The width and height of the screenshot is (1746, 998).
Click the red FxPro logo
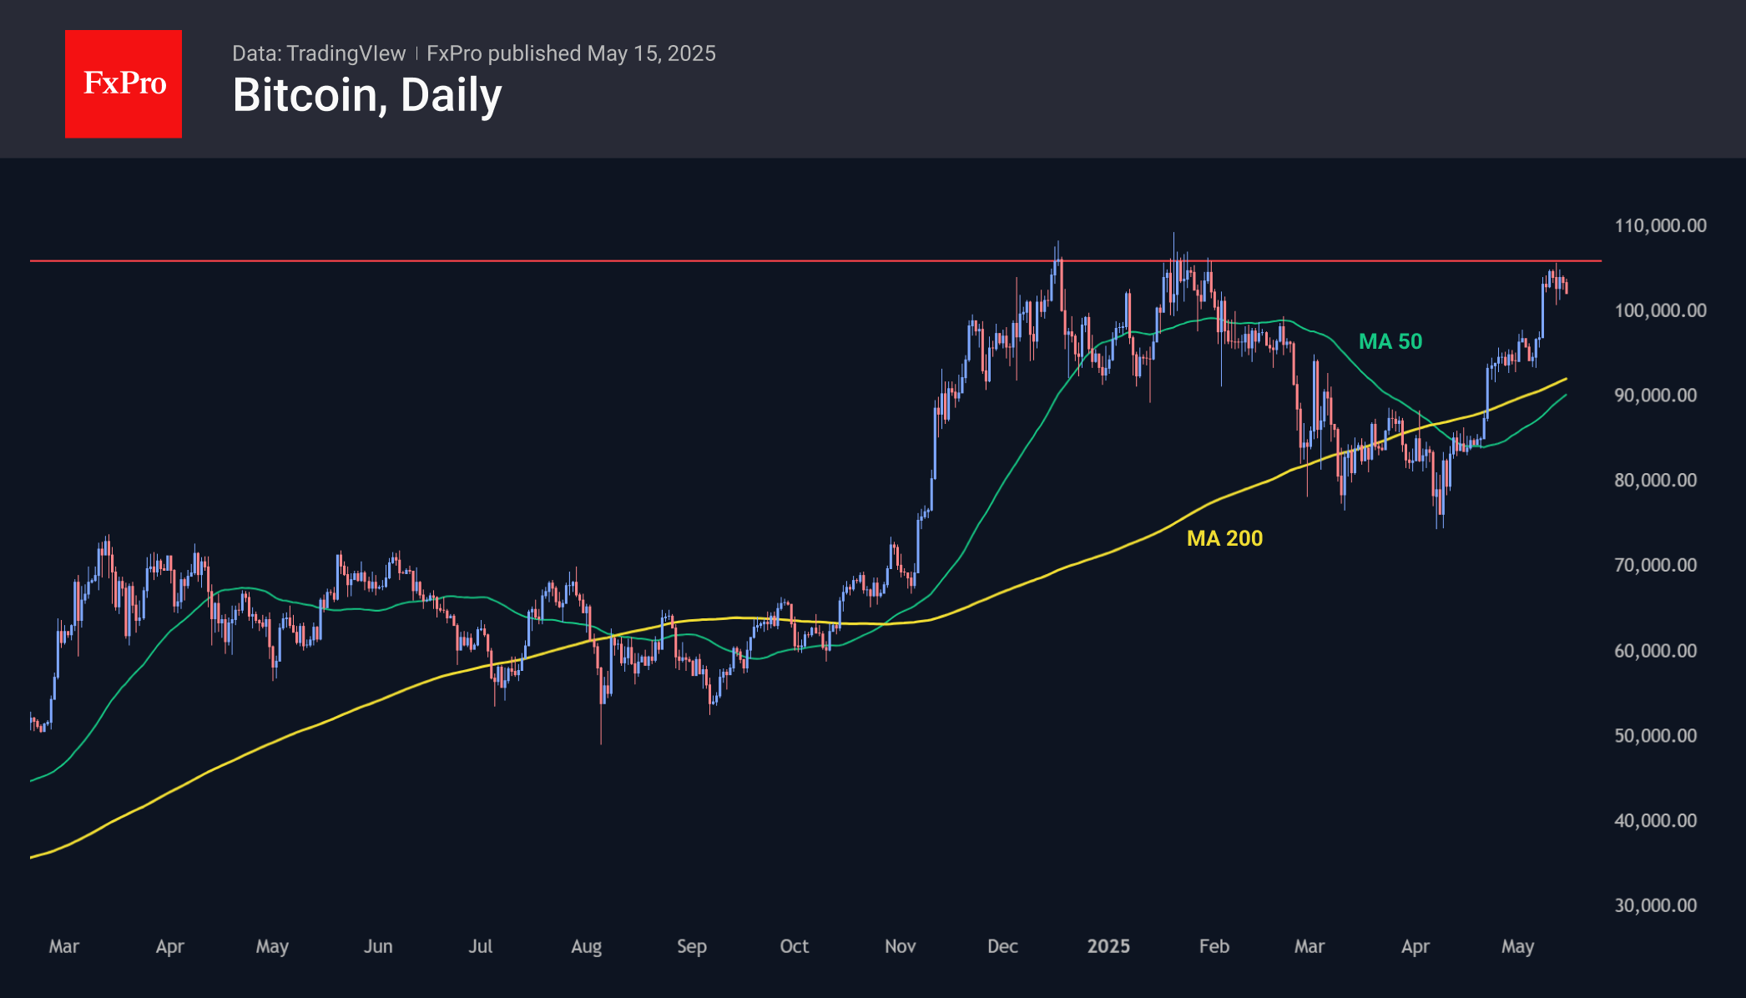(124, 83)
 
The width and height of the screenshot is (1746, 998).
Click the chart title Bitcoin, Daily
(367, 95)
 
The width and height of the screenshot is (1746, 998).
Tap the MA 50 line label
(1390, 341)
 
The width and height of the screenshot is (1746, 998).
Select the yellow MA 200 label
(1224, 538)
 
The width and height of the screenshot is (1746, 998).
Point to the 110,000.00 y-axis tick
(1660, 225)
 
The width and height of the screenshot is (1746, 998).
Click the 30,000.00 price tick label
(1655, 905)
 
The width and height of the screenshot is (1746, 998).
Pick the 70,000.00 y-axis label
(1655, 565)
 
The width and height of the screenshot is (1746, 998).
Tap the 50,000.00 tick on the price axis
(1655, 735)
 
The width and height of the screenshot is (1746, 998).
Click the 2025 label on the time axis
(1108, 946)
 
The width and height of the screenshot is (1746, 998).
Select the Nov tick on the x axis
(900, 946)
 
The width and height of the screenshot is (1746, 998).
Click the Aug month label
(586, 946)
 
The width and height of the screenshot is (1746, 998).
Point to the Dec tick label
(1002, 946)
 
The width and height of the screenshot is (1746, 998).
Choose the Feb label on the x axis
(1214, 946)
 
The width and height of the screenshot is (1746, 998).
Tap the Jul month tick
(480, 946)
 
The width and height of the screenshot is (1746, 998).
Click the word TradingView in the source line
(346, 53)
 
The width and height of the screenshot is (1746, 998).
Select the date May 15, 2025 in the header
(651, 53)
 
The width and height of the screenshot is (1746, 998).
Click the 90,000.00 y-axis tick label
(1655, 395)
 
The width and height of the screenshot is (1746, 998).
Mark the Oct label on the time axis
(794, 946)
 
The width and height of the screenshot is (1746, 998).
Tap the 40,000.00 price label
(1655, 820)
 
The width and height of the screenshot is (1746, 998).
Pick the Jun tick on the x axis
(378, 946)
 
